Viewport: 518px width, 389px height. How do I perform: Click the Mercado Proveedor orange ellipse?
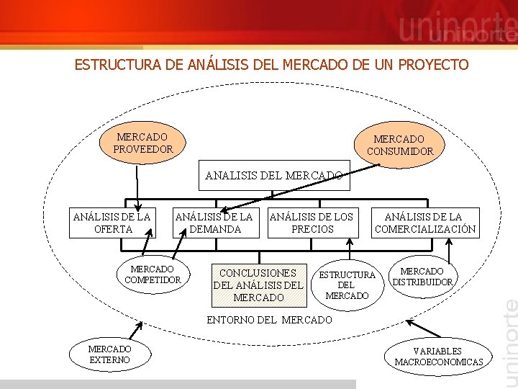point(143,143)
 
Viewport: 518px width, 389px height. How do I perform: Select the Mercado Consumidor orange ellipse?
point(400,145)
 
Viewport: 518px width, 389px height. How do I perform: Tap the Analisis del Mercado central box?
point(273,175)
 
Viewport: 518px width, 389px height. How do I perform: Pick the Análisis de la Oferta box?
point(112,223)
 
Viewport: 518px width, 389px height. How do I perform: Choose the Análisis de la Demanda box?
point(214,223)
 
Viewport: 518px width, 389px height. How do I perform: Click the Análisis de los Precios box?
point(312,223)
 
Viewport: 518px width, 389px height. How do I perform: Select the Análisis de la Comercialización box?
point(424,223)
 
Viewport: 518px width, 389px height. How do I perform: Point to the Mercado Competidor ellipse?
point(153,274)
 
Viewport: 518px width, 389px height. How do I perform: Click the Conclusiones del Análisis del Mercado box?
point(258,285)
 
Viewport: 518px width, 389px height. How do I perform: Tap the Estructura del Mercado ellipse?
point(347,285)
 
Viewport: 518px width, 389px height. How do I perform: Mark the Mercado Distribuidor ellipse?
point(422,277)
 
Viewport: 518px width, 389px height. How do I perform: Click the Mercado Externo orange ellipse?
point(110,354)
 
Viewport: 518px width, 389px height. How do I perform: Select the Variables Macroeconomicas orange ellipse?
point(438,356)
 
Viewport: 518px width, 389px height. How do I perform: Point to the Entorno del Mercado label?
point(269,319)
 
